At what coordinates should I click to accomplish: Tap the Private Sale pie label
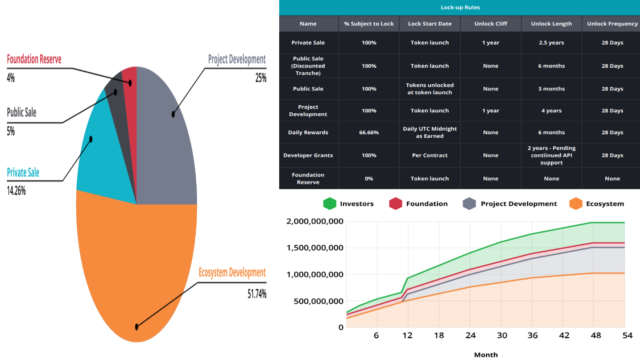(x=23, y=173)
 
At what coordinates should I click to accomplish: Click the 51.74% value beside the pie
(x=257, y=294)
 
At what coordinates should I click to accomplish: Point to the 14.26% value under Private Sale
(x=16, y=191)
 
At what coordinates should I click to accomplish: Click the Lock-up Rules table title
(x=459, y=8)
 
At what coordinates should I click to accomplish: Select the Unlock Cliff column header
(x=491, y=24)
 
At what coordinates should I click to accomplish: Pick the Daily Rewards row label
(x=308, y=132)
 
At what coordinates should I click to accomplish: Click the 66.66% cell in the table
(x=369, y=132)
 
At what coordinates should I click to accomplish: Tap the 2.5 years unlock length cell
(x=551, y=43)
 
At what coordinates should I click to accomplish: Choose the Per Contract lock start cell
(x=429, y=155)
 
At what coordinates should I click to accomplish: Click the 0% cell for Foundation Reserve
(x=369, y=178)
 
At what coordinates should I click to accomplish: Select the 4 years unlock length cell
(x=551, y=111)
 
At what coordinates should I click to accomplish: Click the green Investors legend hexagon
(x=330, y=204)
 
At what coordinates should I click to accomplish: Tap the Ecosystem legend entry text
(x=605, y=204)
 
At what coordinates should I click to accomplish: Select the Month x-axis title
(x=486, y=355)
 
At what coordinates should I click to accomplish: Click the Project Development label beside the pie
(x=237, y=59)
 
